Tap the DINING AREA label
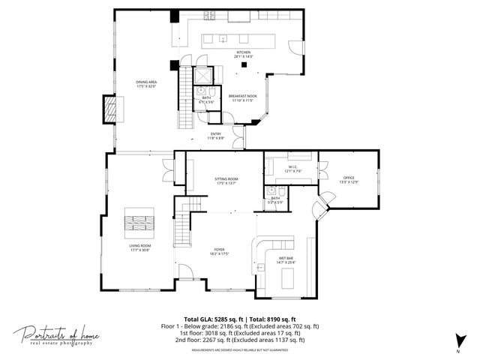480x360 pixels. click(145, 84)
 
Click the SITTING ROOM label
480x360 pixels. click(226, 181)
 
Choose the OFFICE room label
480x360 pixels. click(349, 179)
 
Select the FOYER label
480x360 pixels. click(219, 252)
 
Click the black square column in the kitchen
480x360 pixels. click(244, 66)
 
